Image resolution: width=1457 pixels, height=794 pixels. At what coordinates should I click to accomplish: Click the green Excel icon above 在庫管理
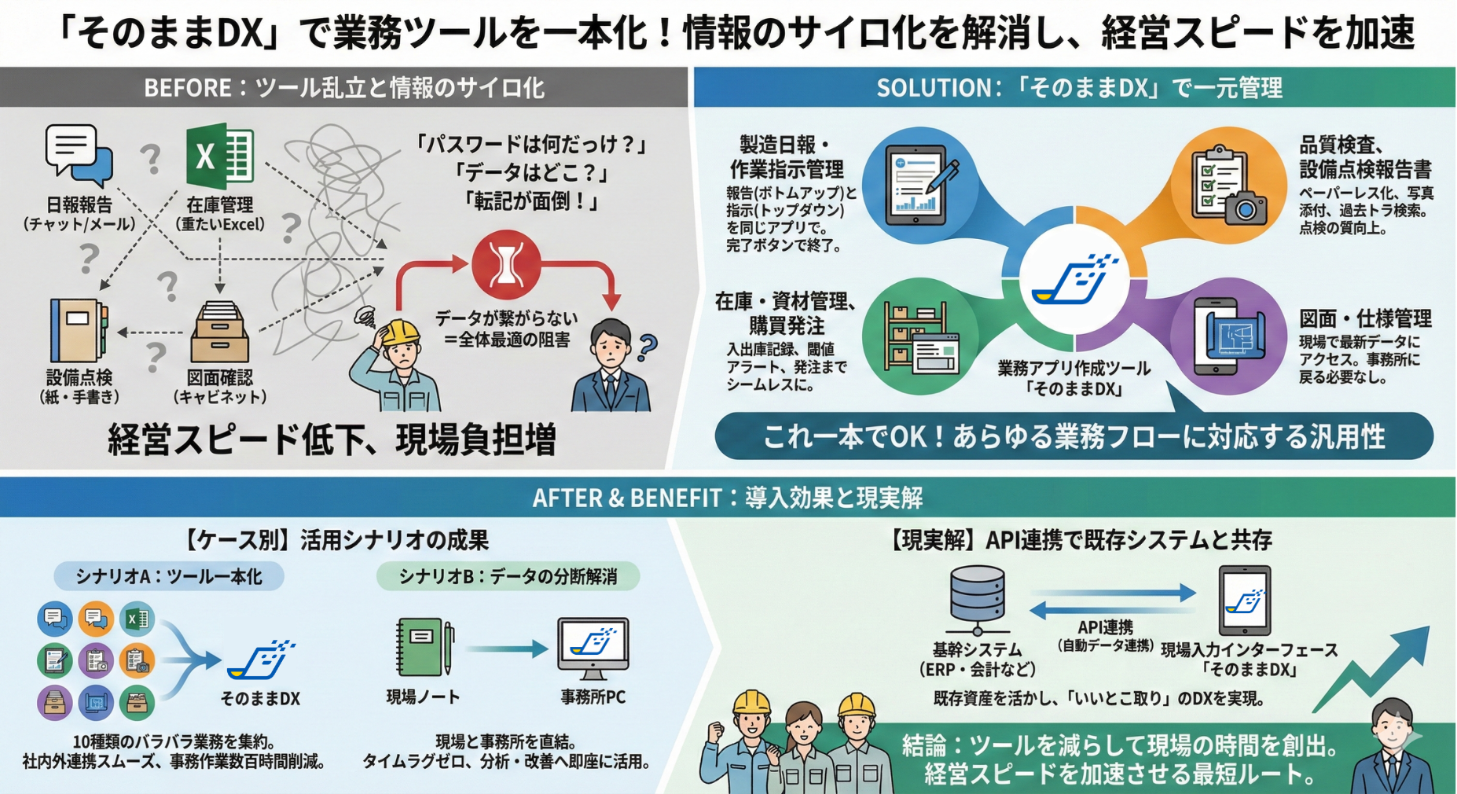tap(219, 156)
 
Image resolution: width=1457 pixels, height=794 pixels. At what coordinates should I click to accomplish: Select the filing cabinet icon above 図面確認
tap(219, 333)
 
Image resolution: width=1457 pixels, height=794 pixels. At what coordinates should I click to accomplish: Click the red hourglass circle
tap(506, 265)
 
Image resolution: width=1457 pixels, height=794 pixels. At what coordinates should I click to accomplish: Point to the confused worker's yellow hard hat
tap(400, 331)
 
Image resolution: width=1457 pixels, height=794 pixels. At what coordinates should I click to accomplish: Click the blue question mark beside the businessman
tap(648, 347)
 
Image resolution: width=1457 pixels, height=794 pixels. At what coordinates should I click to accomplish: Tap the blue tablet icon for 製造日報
tap(920, 186)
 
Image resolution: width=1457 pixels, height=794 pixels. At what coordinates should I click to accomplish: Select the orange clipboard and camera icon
tap(1228, 186)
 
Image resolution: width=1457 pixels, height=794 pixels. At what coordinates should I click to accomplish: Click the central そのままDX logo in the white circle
tap(1074, 280)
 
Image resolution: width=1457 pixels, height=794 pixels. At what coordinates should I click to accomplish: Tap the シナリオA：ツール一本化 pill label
tap(168, 576)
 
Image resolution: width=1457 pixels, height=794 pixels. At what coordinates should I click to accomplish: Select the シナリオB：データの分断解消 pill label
tap(508, 576)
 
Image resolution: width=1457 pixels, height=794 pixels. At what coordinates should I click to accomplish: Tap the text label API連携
tap(1105, 627)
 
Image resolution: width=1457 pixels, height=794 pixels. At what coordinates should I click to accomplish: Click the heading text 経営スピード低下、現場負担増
tap(332, 439)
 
